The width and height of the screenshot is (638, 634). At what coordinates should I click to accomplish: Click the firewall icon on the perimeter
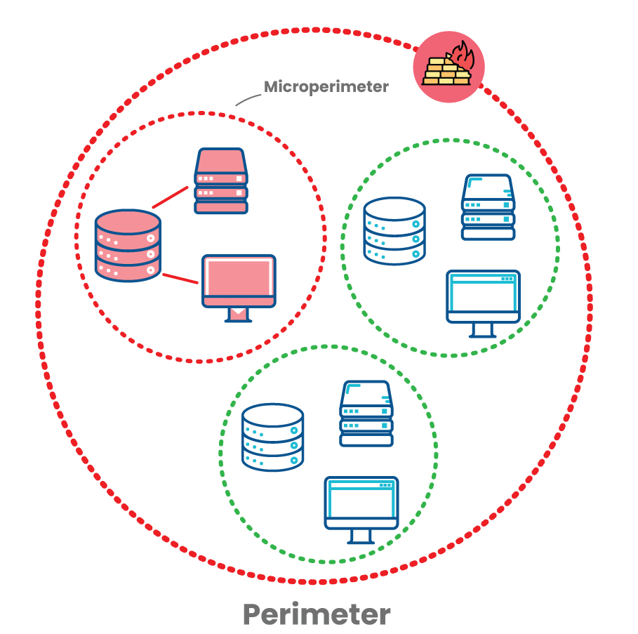point(448,67)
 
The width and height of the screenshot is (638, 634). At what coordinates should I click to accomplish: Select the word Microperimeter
point(326,87)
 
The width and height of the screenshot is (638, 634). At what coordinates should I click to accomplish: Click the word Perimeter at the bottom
point(317,614)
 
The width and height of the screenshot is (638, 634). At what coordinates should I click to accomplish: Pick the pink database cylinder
point(128,246)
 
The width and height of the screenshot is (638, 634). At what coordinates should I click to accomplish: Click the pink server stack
point(221,180)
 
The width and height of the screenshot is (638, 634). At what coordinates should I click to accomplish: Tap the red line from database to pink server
point(171,197)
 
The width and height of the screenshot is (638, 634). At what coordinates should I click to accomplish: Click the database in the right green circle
point(394,230)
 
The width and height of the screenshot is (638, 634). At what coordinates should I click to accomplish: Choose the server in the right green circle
point(489,207)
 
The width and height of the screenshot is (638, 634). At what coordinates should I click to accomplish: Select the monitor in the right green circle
point(483,296)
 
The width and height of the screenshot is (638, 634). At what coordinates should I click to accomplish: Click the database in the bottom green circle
point(272,437)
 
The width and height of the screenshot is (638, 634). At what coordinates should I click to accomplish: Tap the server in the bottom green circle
point(366,414)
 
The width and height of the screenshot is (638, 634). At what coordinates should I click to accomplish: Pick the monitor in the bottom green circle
point(361,503)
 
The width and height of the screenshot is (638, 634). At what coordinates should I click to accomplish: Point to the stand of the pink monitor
point(239,315)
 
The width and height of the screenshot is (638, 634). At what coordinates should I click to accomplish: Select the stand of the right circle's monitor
point(483,329)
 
